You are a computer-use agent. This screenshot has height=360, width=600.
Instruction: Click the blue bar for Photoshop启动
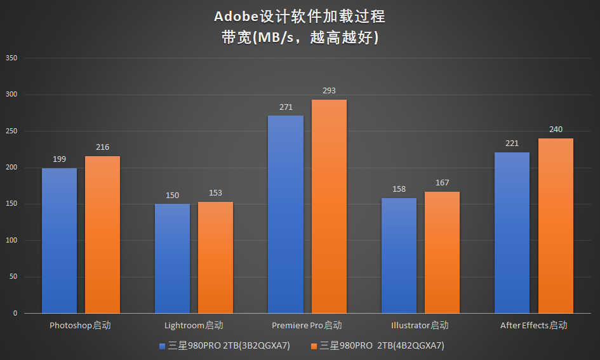click(x=59, y=241)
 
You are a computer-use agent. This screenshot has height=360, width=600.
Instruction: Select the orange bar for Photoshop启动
click(x=102, y=235)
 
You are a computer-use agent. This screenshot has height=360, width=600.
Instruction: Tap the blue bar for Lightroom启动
click(x=172, y=258)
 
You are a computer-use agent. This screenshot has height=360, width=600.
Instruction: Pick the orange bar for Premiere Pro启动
click(x=329, y=206)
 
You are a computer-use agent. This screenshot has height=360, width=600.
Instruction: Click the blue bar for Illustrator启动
click(x=399, y=256)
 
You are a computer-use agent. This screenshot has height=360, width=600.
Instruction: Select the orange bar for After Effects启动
click(x=556, y=226)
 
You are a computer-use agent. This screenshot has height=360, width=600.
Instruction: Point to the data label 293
click(x=329, y=91)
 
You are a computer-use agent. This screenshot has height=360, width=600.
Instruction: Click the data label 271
click(x=286, y=107)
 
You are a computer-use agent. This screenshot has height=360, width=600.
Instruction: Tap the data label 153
click(x=215, y=193)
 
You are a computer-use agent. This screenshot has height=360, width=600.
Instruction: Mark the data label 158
click(x=399, y=189)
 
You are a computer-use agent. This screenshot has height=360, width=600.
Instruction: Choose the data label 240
click(x=556, y=130)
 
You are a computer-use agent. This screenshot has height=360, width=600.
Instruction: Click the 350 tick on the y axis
click(x=11, y=58)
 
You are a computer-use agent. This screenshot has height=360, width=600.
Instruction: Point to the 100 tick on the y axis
click(x=11, y=241)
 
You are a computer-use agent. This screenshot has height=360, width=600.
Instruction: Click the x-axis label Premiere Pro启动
click(x=307, y=326)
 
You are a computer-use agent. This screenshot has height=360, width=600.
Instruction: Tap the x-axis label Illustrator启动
click(x=420, y=326)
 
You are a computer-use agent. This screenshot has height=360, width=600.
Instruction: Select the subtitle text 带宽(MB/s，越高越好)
click(x=300, y=37)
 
